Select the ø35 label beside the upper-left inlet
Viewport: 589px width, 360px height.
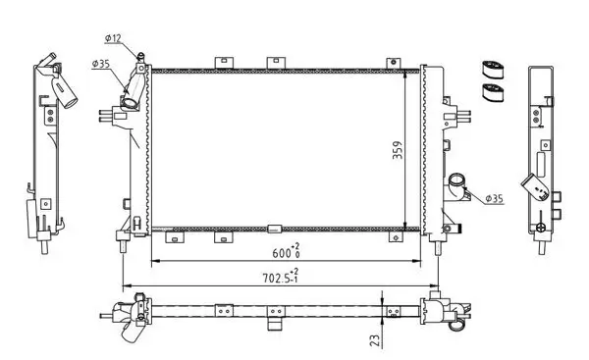tap(100, 65)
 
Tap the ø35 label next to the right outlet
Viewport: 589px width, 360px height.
tap(493, 198)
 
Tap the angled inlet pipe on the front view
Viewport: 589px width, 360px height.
tap(130, 95)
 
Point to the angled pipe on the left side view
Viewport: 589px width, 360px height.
tap(65, 92)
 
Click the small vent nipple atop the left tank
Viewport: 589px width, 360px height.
tap(143, 57)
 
